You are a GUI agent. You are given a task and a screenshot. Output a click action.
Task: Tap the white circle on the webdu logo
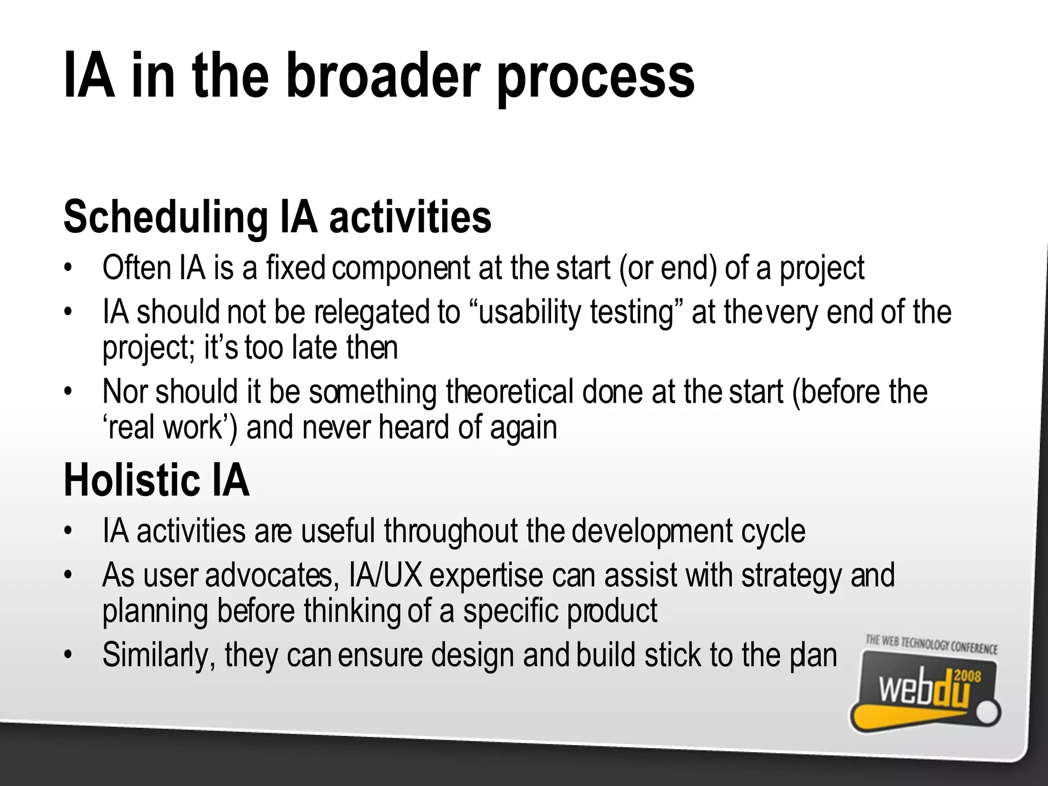(x=989, y=713)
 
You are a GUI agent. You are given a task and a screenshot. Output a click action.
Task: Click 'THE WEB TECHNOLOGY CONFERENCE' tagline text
(x=931, y=644)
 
